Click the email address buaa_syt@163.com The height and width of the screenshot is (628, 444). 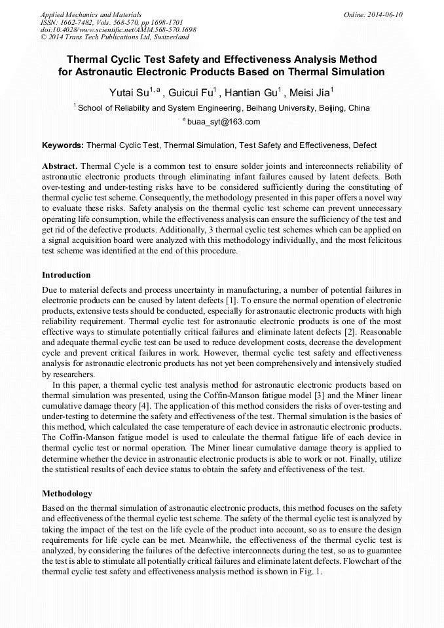click(x=223, y=122)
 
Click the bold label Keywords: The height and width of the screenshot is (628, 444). click(x=63, y=145)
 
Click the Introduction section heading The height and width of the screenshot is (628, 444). click(x=66, y=275)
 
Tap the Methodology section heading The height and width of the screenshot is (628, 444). click(x=67, y=493)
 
